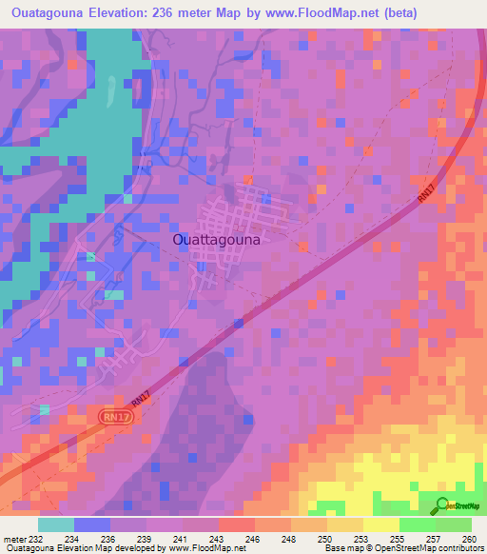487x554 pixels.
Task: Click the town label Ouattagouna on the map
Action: pos(217,241)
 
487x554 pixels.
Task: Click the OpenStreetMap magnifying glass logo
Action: pos(442,505)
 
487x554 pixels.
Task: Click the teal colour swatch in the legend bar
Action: pos(56,524)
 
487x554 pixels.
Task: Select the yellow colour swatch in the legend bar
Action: pos(380,524)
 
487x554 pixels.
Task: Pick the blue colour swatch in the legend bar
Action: pos(92,524)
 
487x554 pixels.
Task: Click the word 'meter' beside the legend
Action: pos(11,539)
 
